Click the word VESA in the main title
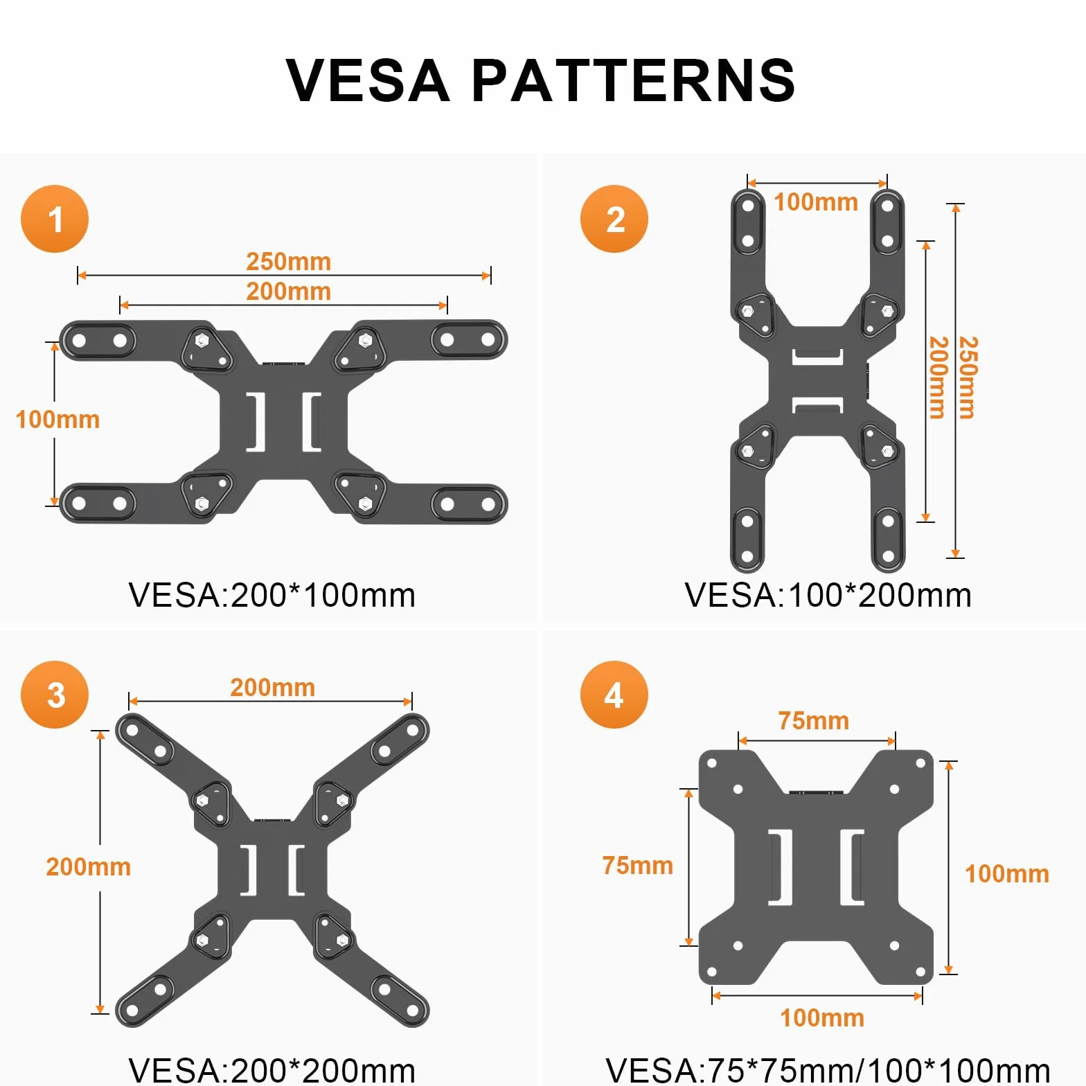[368, 80]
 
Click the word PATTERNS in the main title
[634, 80]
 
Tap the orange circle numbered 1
[55, 219]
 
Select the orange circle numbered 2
[614, 219]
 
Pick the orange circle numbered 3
[55, 695]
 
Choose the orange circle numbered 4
[614, 695]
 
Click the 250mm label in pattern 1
[289, 262]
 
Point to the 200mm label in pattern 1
[289, 291]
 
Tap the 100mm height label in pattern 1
[57, 420]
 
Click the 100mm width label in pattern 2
[816, 202]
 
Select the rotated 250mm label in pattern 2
[968, 377]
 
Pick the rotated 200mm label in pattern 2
[938, 377]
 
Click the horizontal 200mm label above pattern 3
[273, 688]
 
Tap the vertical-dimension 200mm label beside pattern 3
[89, 867]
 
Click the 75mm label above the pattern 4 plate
[814, 721]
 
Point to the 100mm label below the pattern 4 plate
[822, 1018]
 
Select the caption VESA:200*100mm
[272, 596]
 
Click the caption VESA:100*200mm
[828, 596]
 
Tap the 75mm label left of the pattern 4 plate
[638, 866]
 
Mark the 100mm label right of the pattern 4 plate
[1007, 874]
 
